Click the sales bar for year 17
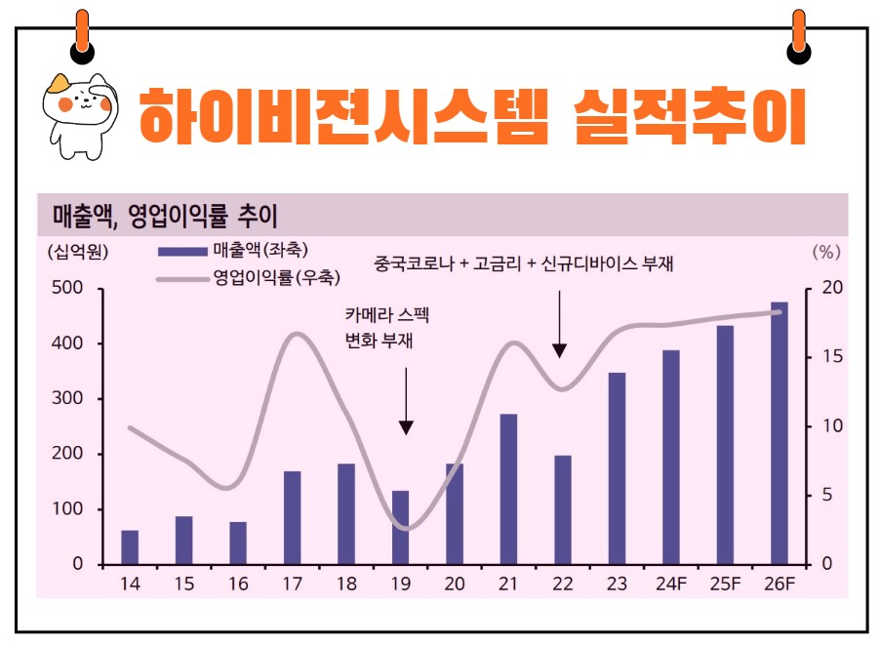(293, 517)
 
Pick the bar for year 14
(130, 547)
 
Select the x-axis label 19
(400, 584)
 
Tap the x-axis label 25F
(725, 584)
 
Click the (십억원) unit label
(77, 252)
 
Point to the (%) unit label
(825, 252)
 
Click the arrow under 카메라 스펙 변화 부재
(407, 400)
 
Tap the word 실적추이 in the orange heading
(691, 114)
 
